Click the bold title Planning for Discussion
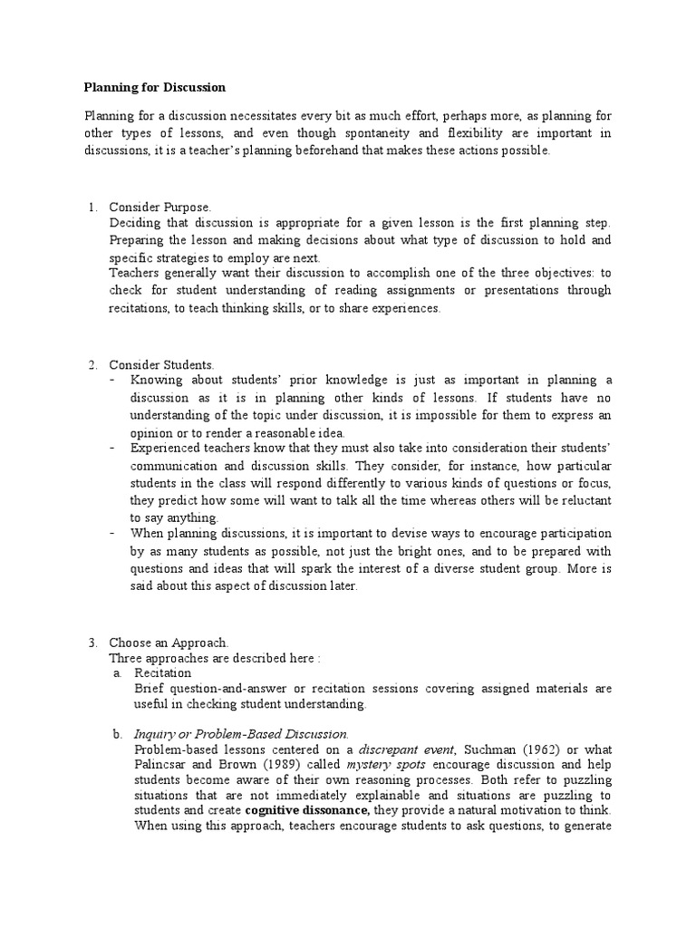[154, 88]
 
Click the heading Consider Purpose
[159, 208]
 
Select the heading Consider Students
[161, 364]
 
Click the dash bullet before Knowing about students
[111, 381]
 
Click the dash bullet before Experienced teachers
[111, 448]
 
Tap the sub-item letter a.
[117, 673]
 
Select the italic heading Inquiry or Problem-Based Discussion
[240, 733]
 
